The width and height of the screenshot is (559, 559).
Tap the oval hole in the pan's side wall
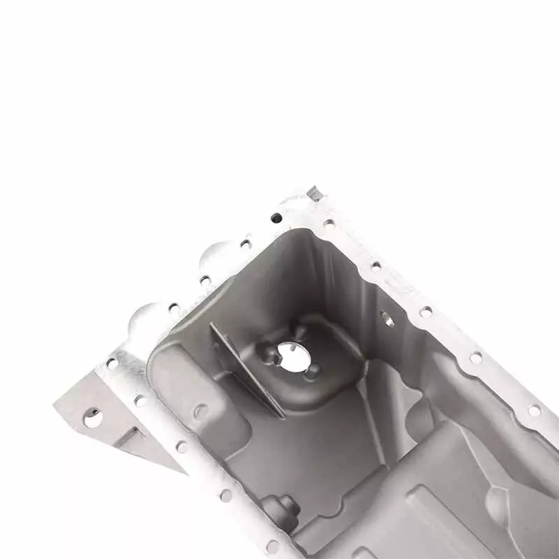click(387, 319)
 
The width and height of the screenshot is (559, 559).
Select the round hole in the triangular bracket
click(92, 417)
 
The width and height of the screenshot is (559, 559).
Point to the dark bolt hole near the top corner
click(277, 218)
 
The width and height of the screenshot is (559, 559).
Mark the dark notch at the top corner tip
click(315, 193)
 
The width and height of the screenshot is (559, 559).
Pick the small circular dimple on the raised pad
click(201, 412)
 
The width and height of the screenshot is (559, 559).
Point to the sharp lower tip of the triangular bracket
click(183, 471)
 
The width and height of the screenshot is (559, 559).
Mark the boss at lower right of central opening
click(314, 372)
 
